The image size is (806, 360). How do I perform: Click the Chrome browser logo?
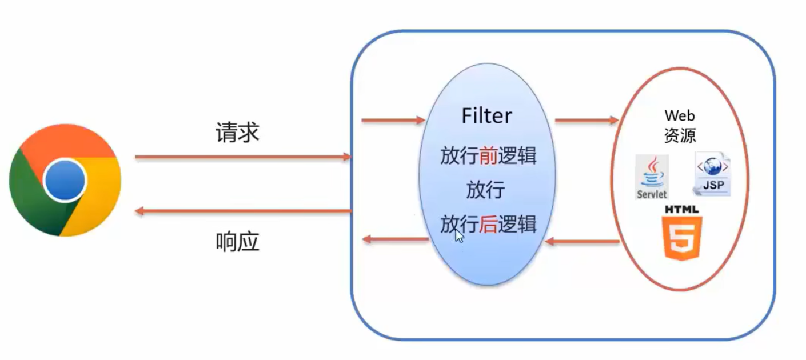pos(65,180)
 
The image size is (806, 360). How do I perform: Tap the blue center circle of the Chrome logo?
pos(65,180)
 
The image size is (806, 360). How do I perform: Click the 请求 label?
pos(237,133)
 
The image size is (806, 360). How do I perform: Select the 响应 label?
pos(237,242)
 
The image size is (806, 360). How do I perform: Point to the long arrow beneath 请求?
pos(243,157)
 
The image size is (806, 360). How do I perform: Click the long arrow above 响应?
pos(243,212)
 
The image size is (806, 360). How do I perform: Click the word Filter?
pos(487,116)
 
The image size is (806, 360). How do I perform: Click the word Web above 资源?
pos(679,116)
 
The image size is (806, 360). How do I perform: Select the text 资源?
pos(679,135)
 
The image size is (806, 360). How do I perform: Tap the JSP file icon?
pos(712,174)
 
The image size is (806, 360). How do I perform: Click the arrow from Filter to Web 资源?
pos(586,121)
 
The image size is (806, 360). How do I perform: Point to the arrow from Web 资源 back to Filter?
pos(582,242)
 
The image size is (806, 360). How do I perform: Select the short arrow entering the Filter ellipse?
pos(393,121)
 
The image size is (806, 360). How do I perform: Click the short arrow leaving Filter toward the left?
pos(396,239)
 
